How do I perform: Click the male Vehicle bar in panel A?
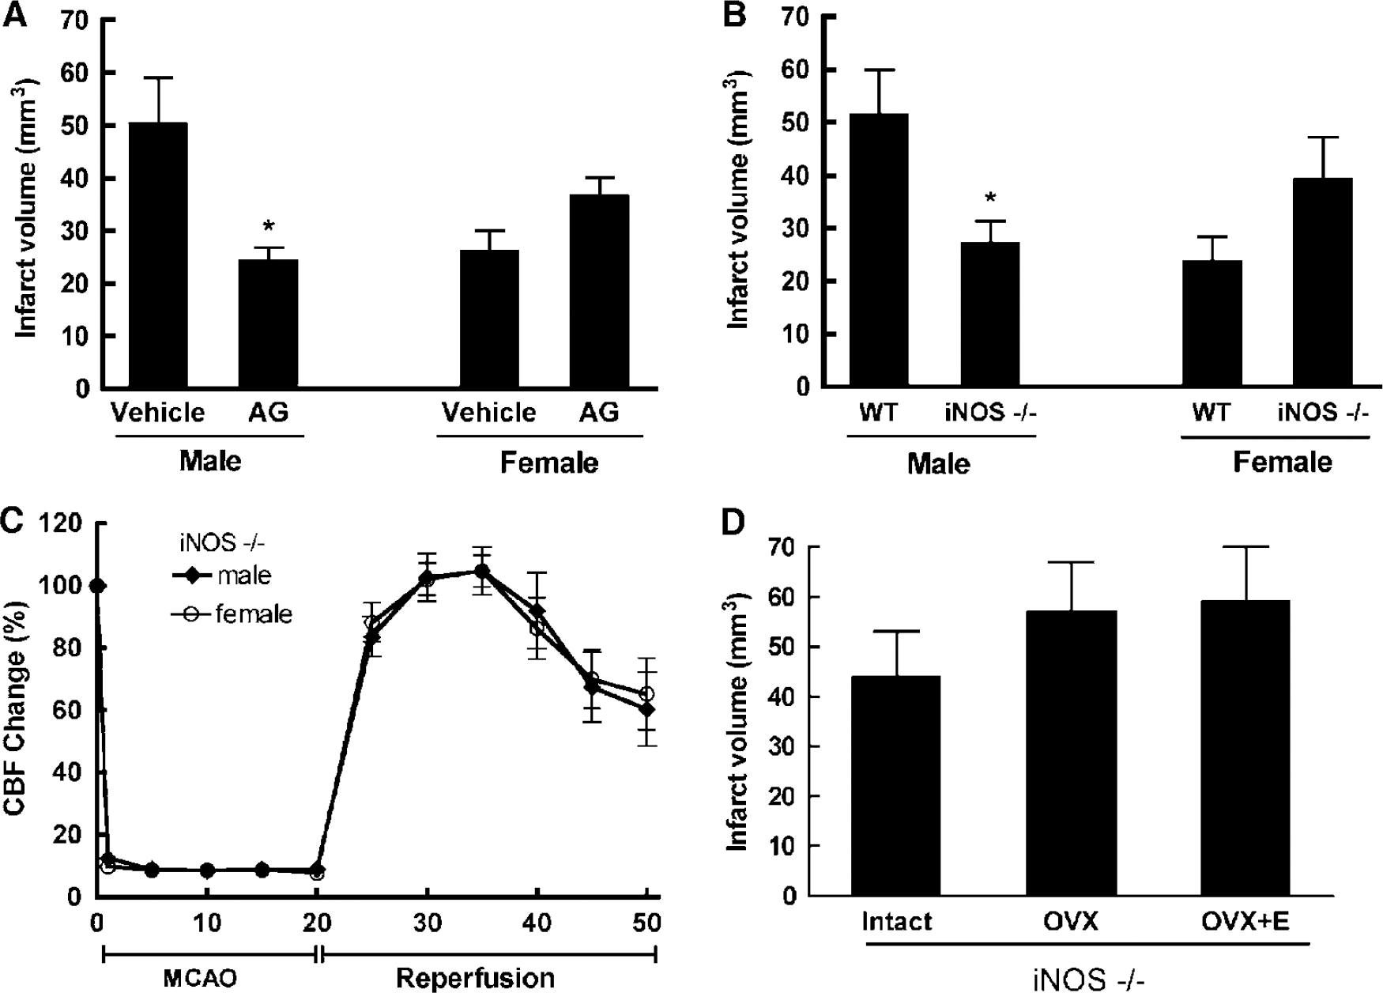(x=158, y=255)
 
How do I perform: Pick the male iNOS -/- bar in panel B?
(x=990, y=315)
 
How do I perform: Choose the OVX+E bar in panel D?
(x=1245, y=748)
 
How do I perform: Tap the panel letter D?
(x=735, y=523)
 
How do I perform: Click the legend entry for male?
(x=222, y=575)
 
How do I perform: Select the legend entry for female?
(x=232, y=614)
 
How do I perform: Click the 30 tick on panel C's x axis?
(x=427, y=923)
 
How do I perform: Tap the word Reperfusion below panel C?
(x=475, y=978)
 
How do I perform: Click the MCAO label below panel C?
(x=200, y=979)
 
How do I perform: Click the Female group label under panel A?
(x=548, y=463)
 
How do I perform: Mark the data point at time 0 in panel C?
(x=97, y=586)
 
